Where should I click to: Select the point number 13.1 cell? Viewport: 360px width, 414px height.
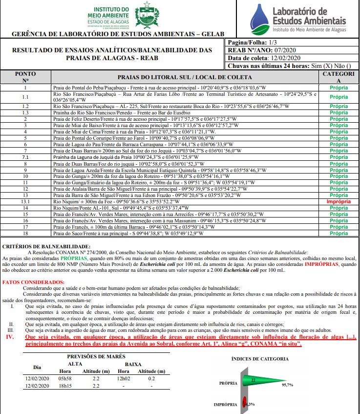tap(25, 201)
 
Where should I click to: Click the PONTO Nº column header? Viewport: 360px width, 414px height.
tap(25, 77)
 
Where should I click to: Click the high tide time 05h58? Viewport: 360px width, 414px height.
tap(65, 378)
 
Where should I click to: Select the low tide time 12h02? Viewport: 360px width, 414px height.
tap(124, 378)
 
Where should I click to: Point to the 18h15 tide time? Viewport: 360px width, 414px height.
tap(65, 386)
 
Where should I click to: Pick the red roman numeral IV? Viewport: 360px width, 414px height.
tap(9, 337)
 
